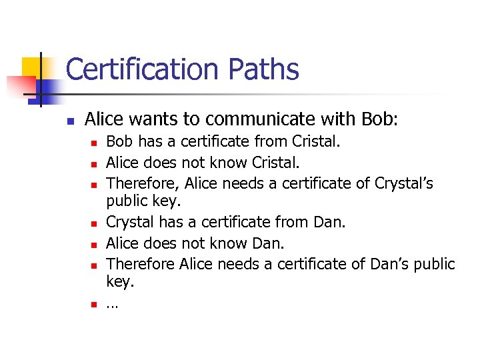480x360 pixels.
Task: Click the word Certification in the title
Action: coord(142,69)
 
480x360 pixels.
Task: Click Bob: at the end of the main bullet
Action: coord(378,119)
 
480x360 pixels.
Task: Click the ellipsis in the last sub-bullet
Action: coord(112,305)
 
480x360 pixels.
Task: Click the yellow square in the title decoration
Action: coord(31,66)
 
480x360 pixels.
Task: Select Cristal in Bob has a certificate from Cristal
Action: coord(316,141)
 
